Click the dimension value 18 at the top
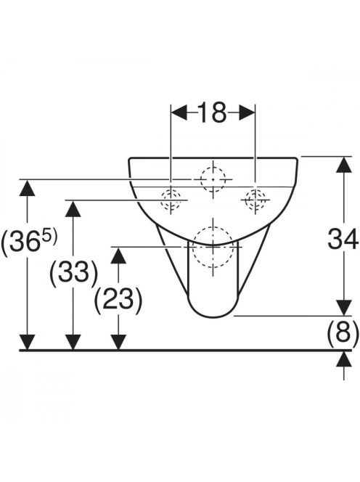(x=213, y=112)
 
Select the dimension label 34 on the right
(x=343, y=239)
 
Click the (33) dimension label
(x=73, y=272)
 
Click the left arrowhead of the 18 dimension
(x=179, y=112)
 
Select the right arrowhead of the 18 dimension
(x=247, y=112)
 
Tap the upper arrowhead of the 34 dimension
(x=344, y=165)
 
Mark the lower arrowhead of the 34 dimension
(x=344, y=307)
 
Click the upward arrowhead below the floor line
(x=344, y=359)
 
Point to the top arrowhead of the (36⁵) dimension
(x=27, y=187)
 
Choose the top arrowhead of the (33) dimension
(x=73, y=208)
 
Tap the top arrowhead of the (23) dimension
(x=118, y=256)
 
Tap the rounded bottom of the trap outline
(x=213, y=316)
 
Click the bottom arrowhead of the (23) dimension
(x=118, y=342)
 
